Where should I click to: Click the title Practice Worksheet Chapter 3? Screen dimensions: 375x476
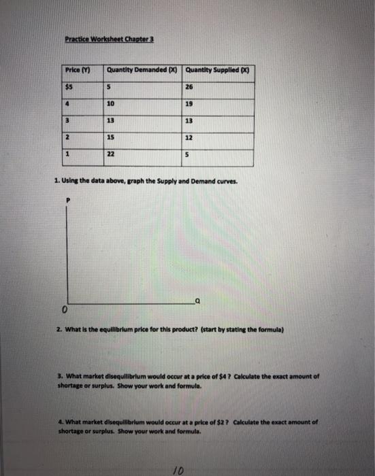110,39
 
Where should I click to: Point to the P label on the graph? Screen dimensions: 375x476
67,201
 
